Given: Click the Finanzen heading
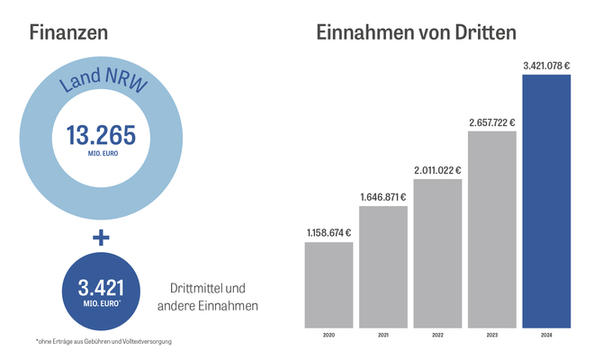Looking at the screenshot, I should (x=68, y=32).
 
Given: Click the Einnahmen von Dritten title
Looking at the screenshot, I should (x=416, y=32).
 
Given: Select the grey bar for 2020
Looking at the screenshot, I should (x=328, y=283).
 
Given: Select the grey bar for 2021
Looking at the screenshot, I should (x=383, y=265).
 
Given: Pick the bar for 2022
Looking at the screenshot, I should (x=437, y=252).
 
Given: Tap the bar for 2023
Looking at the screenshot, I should (x=492, y=229).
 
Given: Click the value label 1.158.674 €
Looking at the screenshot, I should (x=328, y=233).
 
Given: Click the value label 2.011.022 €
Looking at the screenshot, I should (x=437, y=170).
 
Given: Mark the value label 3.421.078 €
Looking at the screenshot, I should (x=546, y=65).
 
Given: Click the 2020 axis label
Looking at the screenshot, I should (x=328, y=334).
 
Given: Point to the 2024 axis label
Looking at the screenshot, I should (x=546, y=334).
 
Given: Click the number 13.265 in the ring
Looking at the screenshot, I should (x=101, y=136).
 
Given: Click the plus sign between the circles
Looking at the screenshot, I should (x=100, y=238).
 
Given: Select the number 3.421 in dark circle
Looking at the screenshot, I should (x=101, y=288).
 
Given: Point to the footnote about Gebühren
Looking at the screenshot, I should (x=103, y=341).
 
